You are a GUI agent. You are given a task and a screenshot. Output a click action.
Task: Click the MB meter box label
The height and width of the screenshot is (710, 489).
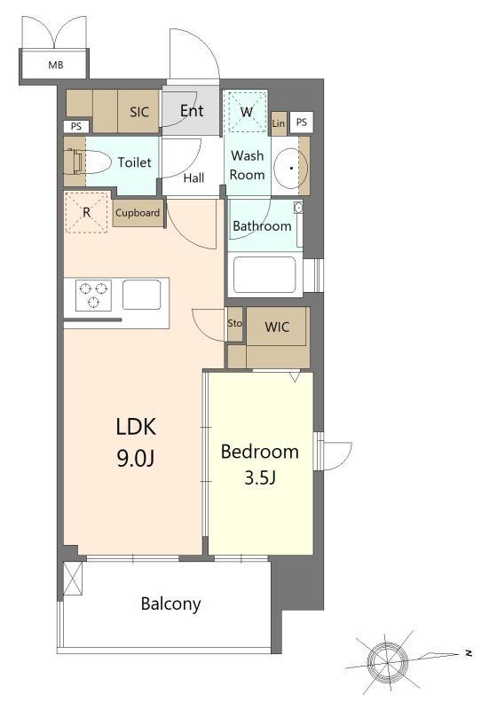56,65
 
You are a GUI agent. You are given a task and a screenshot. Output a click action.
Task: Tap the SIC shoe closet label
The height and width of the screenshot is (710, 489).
139,112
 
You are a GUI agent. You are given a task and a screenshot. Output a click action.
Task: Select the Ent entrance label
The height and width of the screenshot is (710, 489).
192,111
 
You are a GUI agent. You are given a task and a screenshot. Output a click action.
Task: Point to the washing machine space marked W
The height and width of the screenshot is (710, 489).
247,112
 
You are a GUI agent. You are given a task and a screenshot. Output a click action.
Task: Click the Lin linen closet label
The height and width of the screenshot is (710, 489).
279,123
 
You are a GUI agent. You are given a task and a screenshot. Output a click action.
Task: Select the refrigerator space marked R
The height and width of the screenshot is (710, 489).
86,212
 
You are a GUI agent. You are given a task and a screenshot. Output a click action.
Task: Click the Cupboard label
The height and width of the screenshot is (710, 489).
138,213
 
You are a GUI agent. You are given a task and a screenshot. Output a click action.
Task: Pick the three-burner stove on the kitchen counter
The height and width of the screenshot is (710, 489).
94,296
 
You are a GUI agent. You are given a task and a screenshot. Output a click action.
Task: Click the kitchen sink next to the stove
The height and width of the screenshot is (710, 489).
142,295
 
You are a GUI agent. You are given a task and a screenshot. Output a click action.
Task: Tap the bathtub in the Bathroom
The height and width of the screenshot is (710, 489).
264,275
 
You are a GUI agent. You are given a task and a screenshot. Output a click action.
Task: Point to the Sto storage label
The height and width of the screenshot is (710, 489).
234,323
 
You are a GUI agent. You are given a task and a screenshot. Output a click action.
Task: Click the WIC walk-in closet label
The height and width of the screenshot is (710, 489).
277,327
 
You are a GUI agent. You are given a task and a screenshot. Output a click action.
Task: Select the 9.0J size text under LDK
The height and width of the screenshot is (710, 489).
136,459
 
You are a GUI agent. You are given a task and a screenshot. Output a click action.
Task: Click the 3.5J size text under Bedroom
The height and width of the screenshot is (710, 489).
260,477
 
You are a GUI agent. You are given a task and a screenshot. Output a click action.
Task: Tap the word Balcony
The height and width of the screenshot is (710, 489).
170,604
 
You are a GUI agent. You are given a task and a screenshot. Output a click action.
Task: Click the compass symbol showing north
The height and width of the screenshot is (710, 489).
388,662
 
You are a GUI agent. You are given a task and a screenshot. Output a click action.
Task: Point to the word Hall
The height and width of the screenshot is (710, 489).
193,178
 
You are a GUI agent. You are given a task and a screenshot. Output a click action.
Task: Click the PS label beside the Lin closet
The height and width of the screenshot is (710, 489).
302,122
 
